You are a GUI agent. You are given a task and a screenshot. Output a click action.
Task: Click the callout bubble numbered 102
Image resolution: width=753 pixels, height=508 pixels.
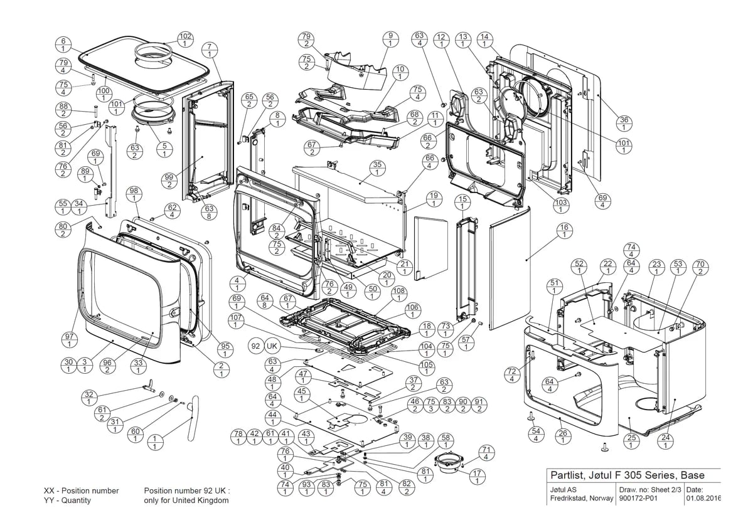(x=185, y=40)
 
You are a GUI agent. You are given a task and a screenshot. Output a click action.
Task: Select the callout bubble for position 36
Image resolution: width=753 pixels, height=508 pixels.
(x=624, y=124)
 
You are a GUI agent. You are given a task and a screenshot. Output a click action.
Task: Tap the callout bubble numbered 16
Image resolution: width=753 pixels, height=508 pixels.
(x=564, y=231)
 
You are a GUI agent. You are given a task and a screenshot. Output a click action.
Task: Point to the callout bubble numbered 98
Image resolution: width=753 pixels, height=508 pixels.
(x=134, y=195)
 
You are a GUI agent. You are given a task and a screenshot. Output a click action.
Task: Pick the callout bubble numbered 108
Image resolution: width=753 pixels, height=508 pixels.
(x=399, y=295)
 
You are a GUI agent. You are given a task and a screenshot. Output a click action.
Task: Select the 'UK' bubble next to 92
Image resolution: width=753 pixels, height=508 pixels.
(x=272, y=346)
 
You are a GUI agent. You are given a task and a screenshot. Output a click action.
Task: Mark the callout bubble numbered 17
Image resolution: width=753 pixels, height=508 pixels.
(x=477, y=477)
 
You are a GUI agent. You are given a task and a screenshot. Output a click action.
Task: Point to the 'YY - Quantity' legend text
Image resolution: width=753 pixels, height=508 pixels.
(x=67, y=500)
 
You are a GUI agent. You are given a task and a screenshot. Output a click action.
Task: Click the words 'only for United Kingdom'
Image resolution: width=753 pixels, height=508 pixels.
(x=186, y=500)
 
